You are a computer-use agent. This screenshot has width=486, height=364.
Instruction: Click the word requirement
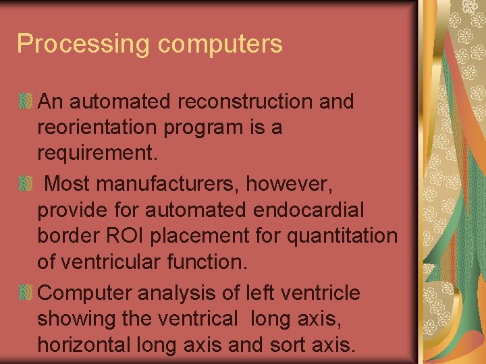(x=97, y=154)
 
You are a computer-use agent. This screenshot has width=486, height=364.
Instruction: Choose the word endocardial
(x=308, y=210)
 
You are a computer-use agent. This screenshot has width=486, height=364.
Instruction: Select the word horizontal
(x=84, y=345)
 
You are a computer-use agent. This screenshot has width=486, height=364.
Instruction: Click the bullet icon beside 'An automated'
(x=26, y=102)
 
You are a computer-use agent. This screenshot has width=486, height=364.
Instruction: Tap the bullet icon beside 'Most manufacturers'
(x=26, y=183)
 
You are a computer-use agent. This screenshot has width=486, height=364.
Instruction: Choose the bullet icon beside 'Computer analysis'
(x=26, y=293)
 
